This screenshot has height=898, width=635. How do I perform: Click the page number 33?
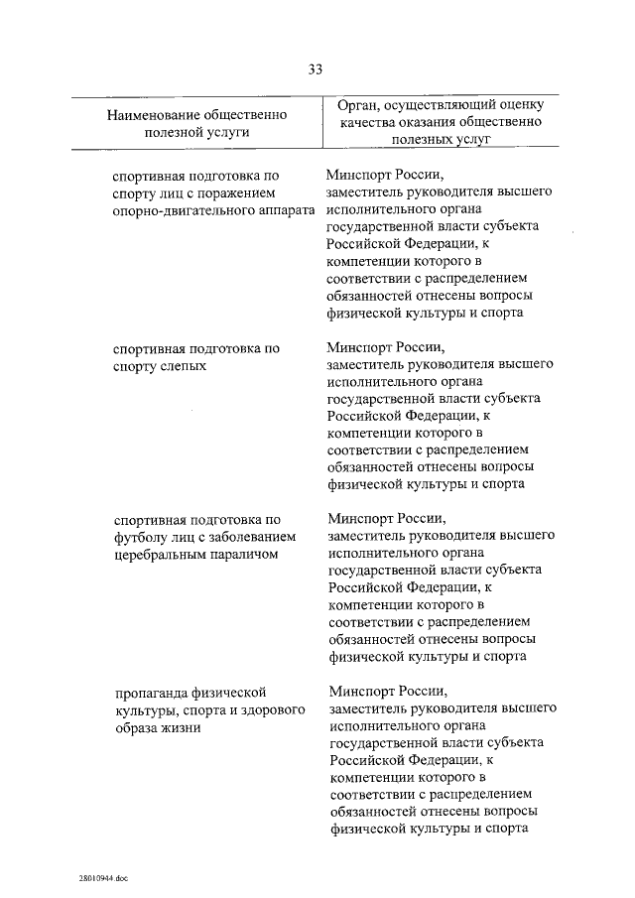316,68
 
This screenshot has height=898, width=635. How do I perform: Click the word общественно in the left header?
248,115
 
